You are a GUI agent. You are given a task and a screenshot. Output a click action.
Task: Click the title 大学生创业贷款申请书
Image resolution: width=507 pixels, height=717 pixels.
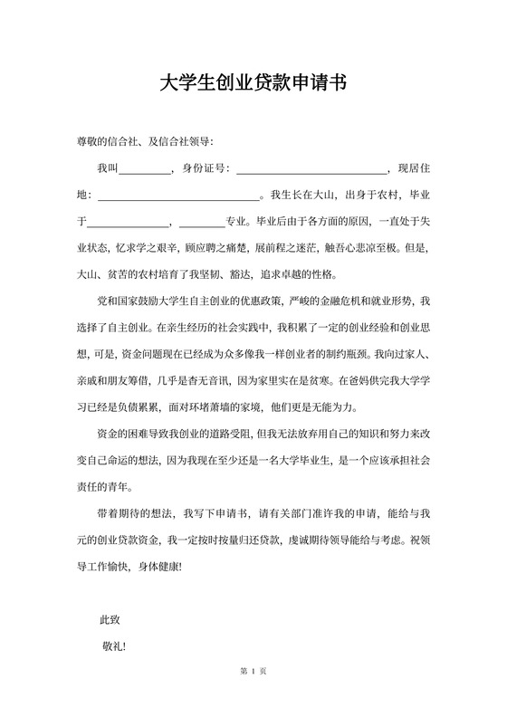253,84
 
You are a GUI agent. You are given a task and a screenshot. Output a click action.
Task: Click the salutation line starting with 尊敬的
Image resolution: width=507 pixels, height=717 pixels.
145,141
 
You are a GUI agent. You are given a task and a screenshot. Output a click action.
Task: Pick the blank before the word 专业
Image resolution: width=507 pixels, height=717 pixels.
202,221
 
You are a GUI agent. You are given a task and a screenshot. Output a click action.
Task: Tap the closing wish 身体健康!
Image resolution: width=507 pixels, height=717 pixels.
160,568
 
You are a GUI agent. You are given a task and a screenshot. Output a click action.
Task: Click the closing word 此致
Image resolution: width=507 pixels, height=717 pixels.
110,620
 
